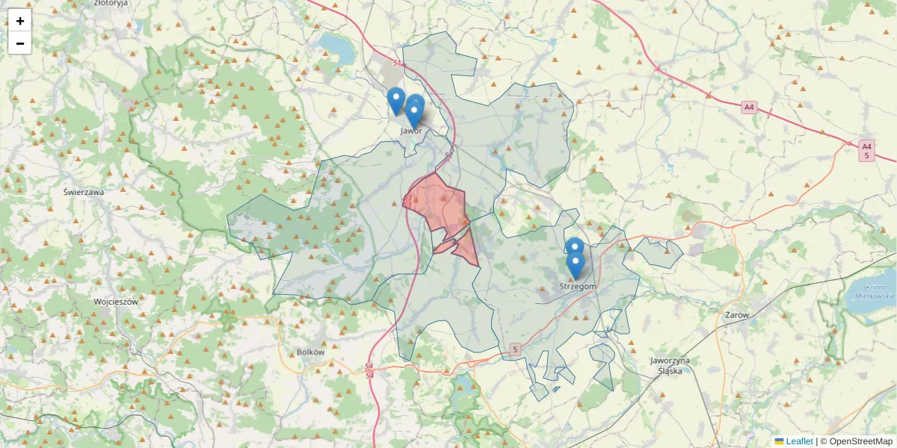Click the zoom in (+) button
coord(19,21)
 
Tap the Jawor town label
coord(411,131)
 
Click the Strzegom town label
coord(578,287)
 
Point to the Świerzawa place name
coord(84,192)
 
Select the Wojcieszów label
coord(116,302)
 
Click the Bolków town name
coord(310,352)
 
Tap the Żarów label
coord(737,315)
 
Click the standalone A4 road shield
coord(749,108)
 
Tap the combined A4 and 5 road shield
coord(866,150)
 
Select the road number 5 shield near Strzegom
coord(515,349)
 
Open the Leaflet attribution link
coord(798,441)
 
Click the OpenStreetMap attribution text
coord(861,441)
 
